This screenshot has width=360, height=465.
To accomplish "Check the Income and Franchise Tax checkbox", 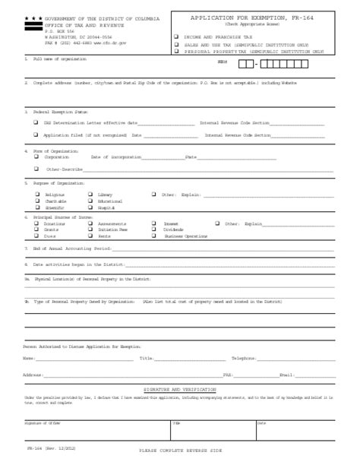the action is tap(176, 36).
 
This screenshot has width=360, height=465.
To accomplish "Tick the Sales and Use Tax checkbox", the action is tap(176, 45).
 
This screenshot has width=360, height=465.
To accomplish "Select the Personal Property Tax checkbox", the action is tap(176, 52).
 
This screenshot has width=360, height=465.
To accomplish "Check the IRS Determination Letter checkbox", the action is tap(36, 122).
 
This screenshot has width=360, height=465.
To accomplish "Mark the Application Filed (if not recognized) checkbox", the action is tap(36, 134).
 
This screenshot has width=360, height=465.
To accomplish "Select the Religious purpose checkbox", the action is tap(36, 195).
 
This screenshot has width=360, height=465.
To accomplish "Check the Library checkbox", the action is tap(90, 195).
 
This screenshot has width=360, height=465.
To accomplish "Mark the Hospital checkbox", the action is tap(90, 207).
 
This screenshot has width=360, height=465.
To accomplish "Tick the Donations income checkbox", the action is tap(36, 224).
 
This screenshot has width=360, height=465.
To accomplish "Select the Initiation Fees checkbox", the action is tap(90, 229).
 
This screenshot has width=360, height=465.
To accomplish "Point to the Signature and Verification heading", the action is tap(180, 389).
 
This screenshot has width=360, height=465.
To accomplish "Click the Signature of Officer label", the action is tap(43, 422).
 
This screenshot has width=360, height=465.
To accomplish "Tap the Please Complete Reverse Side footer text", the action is tap(179, 451).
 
